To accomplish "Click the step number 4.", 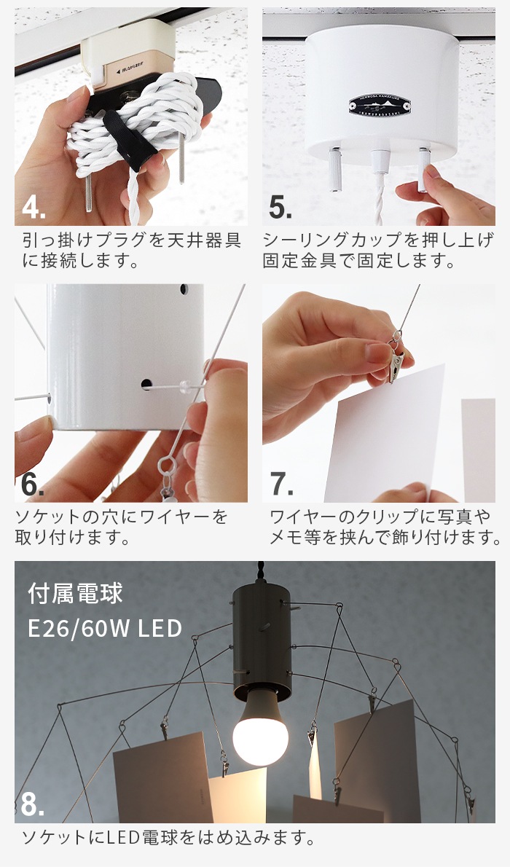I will pos(34,207).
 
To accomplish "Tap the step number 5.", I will pos(280,207).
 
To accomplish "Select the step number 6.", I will pos(33,484).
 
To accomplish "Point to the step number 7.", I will pos(281,484).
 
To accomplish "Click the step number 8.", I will pos(33,805).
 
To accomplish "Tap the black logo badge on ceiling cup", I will pos(380,105).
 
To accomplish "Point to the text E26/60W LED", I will pos(104,627).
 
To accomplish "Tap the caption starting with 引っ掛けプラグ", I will pos(131,250).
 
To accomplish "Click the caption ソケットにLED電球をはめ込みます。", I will pos(168,838).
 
